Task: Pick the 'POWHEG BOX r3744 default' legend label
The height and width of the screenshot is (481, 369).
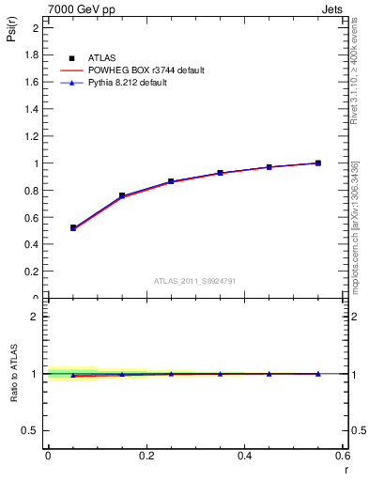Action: tap(146, 70)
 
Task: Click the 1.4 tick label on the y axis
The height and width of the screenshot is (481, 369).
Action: tap(32, 109)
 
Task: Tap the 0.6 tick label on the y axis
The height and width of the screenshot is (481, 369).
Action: tap(32, 218)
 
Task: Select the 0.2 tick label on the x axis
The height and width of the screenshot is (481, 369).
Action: tap(146, 456)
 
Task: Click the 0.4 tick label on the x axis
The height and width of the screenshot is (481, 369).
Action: tap(244, 456)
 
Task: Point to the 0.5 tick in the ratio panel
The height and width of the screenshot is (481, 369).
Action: tap(32, 430)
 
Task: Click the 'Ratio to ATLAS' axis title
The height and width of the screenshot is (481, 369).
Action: tap(12, 374)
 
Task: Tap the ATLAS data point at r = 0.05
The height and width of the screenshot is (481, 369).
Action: tap(72, 227)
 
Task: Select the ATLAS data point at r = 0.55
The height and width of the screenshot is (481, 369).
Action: tap(318, 163)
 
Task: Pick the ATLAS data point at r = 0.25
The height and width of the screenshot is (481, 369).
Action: tap(171, 181)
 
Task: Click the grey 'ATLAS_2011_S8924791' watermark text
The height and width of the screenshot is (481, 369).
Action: tap(193, 280)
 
